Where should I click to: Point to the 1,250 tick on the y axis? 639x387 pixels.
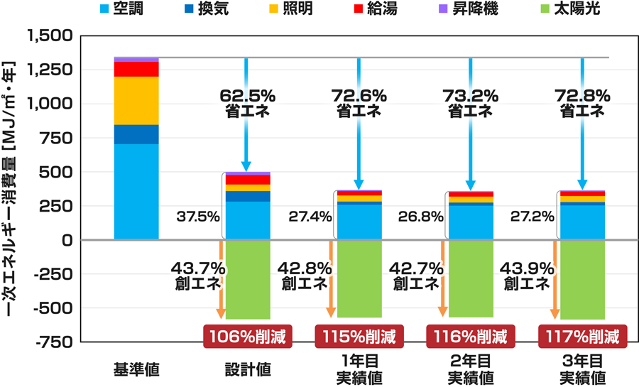coord(52,70)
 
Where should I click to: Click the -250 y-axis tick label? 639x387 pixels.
coord(55,275)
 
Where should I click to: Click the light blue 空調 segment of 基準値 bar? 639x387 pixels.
coord(136,192)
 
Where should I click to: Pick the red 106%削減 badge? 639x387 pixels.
coord(248,336)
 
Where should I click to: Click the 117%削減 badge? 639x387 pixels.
coord(583,336)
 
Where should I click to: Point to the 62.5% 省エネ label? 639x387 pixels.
coord(245,103)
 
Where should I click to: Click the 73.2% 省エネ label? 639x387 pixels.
coord(470,103)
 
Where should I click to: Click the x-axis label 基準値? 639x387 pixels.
coord(136,369)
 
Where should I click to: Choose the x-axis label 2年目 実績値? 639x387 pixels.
coord(470,369)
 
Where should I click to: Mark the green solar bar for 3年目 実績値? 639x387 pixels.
coord(582,280)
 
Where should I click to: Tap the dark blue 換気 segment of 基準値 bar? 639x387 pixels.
coord(136,134)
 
